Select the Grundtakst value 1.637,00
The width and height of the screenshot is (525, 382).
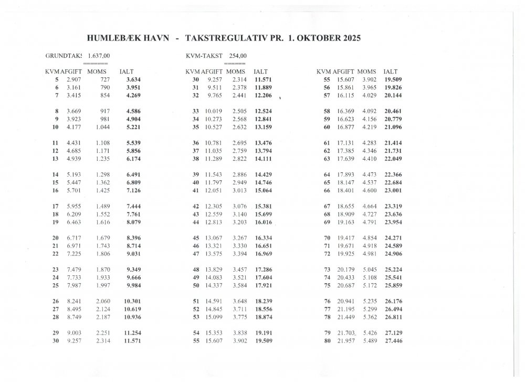[x=99, y=56]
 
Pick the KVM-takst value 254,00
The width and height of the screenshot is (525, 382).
[x=237, y=56]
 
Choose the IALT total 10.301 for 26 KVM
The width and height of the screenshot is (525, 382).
[x=133, y=301]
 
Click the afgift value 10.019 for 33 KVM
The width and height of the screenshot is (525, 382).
[x=215, y=111]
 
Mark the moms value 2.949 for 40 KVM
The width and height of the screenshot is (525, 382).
[x=239, y=182]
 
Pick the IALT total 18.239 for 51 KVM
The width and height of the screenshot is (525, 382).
[x=264, y=301]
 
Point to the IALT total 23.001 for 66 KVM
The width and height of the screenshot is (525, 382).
[x=394, y=190]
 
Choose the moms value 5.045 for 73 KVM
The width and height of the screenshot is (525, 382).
[x=369, y=270]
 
